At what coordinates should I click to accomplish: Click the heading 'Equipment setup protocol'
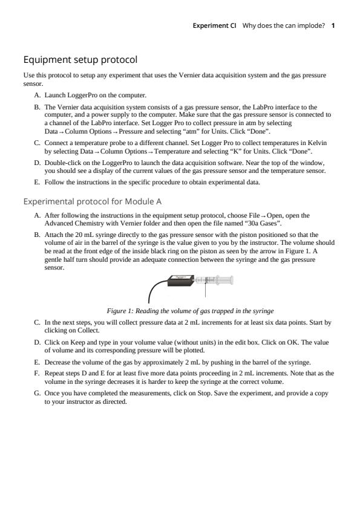tap(80, 60)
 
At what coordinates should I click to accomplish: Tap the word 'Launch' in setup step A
tap(54, 96)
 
